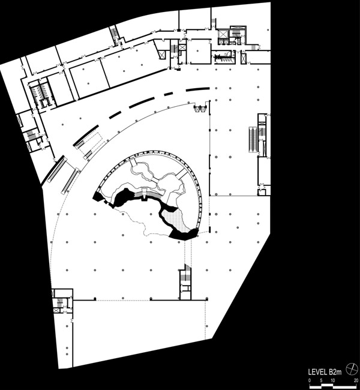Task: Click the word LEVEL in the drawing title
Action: coord(317,372)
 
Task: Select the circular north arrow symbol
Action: coord(352,368)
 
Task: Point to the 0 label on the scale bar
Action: coord(310,380)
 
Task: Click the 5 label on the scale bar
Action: coord(321,380)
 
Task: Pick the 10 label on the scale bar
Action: coord(333,380)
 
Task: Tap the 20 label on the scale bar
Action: coord(356,380)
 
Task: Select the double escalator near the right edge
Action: coord(253,139)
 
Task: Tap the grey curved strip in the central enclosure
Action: coord(148,195)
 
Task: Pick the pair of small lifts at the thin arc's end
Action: coord(200,109)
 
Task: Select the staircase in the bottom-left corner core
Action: coord(60,303)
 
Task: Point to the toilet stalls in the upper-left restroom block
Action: coord(40,92)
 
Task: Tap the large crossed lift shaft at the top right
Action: coord(221,34)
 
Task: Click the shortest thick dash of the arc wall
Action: coord(169,94)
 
